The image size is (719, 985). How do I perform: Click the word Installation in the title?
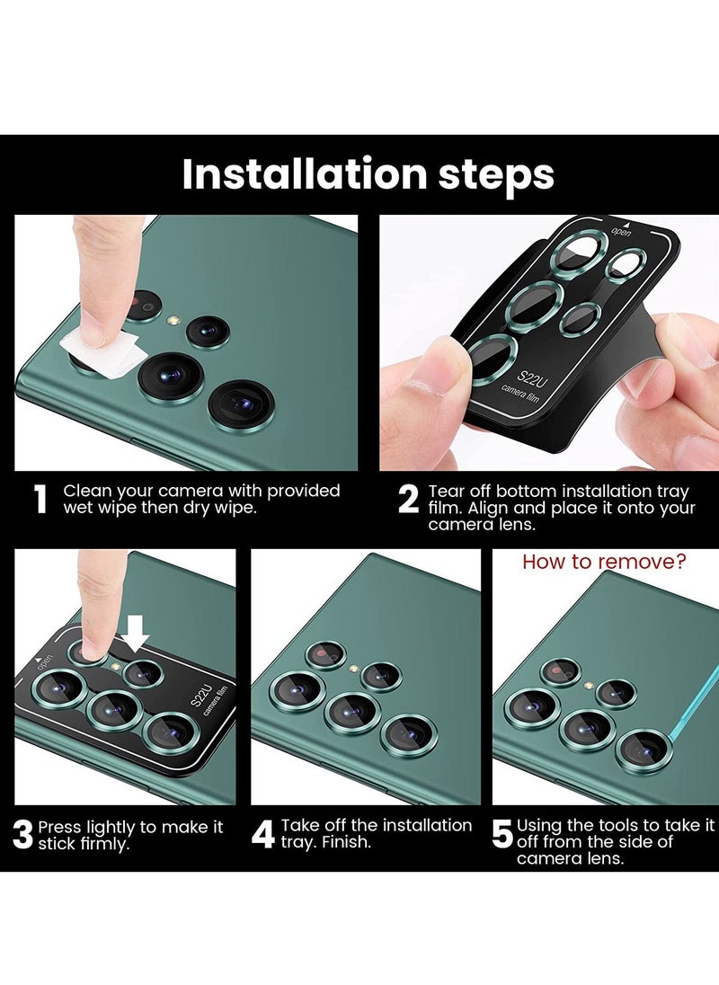point(305,173)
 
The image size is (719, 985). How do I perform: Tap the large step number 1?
point(40,500)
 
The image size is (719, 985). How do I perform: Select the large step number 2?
point(408,500)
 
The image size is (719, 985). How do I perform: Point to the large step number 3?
point(22,835)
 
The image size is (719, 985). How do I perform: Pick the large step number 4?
point(262,834)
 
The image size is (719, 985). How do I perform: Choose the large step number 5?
point(502,834)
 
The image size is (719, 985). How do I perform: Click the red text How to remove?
point(604,561)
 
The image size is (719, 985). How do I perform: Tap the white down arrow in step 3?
point(135,634)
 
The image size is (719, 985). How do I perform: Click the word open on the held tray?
point(622,233)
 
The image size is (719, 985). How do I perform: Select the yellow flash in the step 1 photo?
point(174,320)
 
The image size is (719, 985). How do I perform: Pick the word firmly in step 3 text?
point(104,844)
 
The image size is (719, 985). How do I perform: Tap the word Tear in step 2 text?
point(447,491)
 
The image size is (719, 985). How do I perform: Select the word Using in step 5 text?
point(539,825)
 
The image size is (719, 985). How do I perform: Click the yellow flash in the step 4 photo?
point(354,669)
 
